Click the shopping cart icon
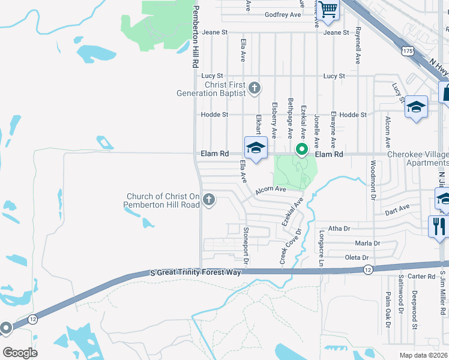tap(328, 9)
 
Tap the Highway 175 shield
tap(408, 52)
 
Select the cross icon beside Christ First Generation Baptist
tap(255, 89)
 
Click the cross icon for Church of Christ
tap(209, 199)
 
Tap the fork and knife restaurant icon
tap(439, 226)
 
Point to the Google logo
tap(20, 353)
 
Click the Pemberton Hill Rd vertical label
tap(195, 37)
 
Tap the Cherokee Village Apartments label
tap(417, 158)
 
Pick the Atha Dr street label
tap(339, 229)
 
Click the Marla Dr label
tap(367, 244)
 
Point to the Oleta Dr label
tap(357, 257)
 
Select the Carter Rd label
tap(421, 277)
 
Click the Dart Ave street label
tap(396, 208)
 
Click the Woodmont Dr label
tap(373, 180)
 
